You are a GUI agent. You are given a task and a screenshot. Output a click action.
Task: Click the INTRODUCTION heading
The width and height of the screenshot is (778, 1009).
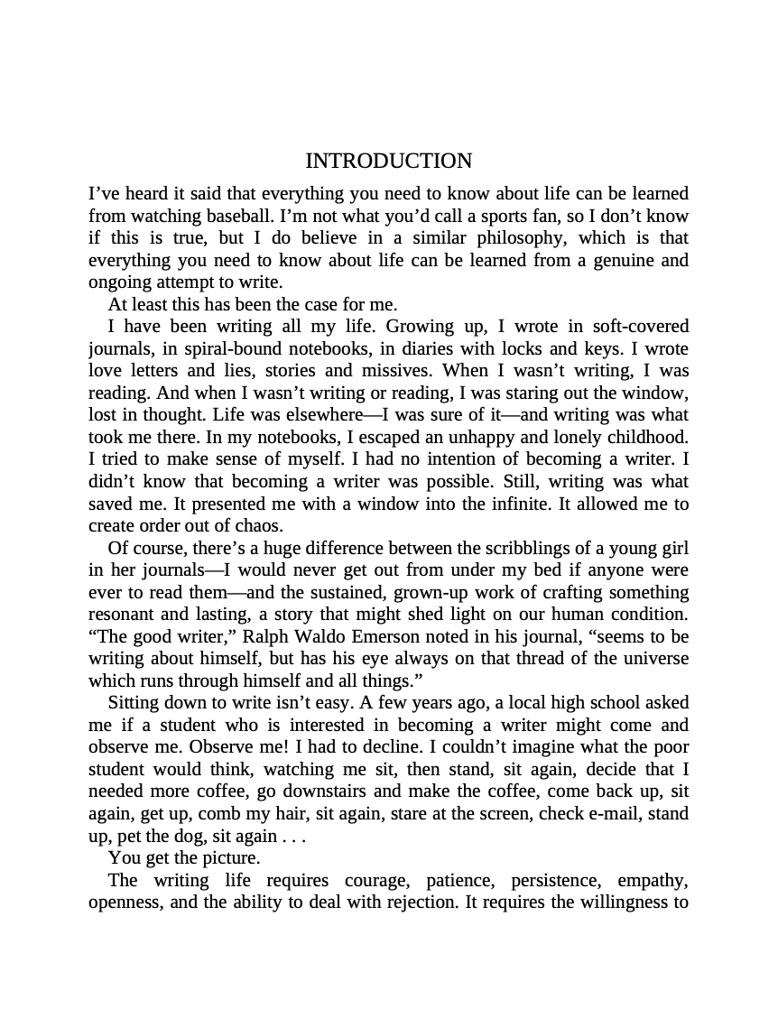click(x=388, y=162)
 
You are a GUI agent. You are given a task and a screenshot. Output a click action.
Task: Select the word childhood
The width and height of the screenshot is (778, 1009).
click(x=648, y=437)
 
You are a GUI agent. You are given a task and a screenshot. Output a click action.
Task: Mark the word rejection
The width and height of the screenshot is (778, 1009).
click(x=417, y=903)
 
